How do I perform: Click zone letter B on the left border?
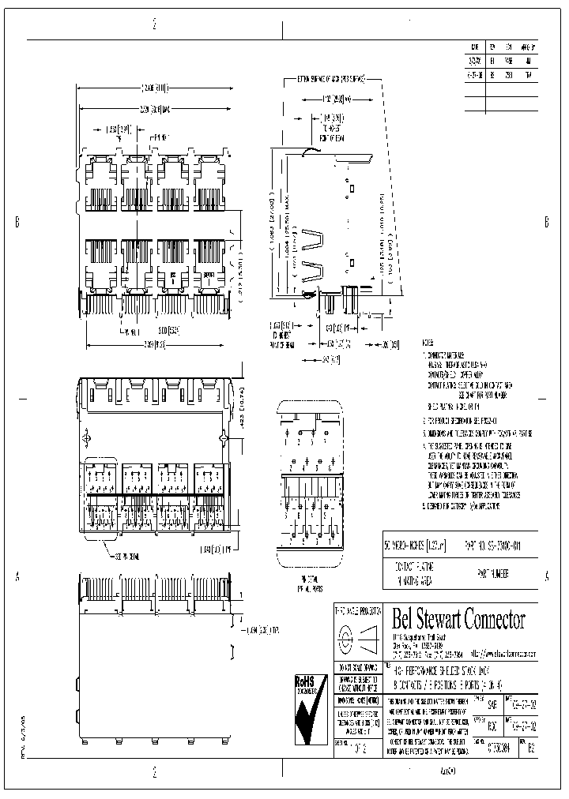coord(17,222)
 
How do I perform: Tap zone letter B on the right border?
coord(546,220)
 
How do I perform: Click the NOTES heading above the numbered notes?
coord(428,345)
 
